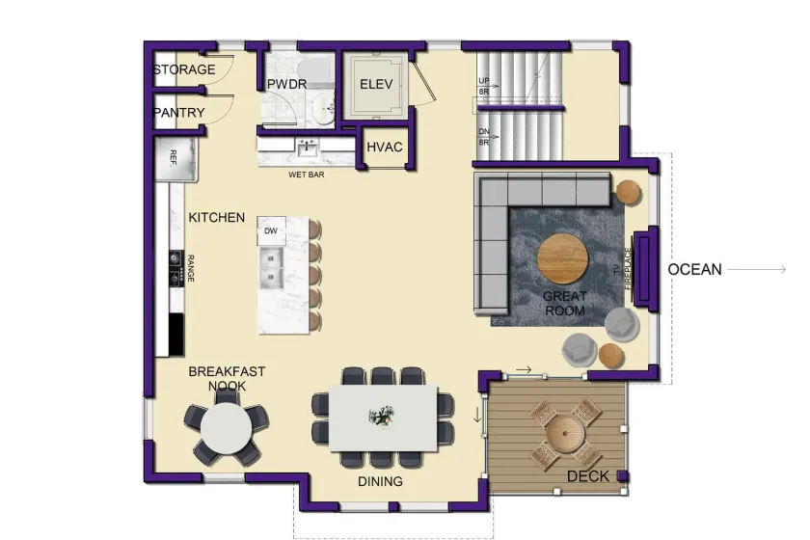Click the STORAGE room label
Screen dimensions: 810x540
coord(184,69)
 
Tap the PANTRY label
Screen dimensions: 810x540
coord(179,112)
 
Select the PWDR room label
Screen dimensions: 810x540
coord(286,84)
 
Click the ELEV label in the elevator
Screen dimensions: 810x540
coord(376,84)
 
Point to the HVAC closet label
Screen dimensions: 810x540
coord(385,148)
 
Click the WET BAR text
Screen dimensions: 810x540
coord(307,175)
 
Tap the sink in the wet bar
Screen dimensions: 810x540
coord(308,148)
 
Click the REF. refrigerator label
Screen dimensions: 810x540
coord(174,157)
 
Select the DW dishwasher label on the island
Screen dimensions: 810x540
coord(271,231)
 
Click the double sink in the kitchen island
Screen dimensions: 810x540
coord(272,268)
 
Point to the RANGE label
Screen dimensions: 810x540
coord(191,268)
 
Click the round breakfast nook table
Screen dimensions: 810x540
coord(227,428)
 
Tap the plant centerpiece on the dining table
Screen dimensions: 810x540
coord(381,417)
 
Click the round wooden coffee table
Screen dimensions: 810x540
coord(563,258)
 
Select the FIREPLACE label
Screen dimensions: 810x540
coord(628,268)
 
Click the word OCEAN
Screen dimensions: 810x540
coord(694,269)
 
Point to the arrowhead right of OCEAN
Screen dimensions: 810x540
coord(783,269)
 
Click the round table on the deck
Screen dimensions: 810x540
coord(566,434)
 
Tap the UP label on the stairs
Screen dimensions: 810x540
coord(483,81)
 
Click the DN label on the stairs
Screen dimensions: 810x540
coord(483,132)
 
